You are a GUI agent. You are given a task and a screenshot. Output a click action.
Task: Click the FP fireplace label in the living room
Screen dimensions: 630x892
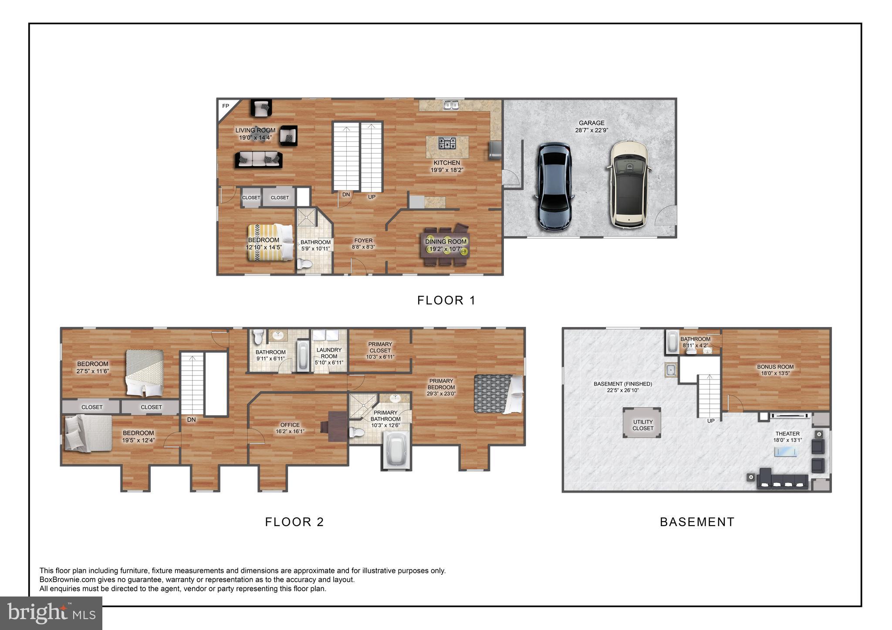click(x=225, y=106)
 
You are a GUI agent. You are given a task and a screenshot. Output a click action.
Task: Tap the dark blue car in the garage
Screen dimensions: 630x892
click(x=554, y=187)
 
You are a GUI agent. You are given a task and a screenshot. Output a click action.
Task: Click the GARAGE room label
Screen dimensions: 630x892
click(x=591, y=123)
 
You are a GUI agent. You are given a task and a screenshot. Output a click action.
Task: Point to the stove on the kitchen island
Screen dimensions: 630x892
click(x=447, y=143)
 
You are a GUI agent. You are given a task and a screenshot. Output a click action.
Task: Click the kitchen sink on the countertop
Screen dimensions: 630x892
click(x=451, y=105)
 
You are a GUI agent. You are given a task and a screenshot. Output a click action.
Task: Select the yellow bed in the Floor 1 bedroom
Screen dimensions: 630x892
click(x=270, y=242)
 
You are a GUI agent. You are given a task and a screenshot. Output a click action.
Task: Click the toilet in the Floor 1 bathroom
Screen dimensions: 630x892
click(x=305, y=264)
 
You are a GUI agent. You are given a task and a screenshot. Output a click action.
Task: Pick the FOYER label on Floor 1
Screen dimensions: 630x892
click(x=363, y=241)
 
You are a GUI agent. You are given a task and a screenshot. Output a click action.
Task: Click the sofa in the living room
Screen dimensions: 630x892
click(x=258, y=160)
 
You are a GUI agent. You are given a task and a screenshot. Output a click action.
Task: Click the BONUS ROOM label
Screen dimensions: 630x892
click(x=775, y=367)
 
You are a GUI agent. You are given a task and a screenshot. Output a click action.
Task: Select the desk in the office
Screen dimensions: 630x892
click(x=334, y=426)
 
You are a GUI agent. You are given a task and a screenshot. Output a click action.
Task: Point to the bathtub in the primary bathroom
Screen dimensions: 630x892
click(x=396, y=450)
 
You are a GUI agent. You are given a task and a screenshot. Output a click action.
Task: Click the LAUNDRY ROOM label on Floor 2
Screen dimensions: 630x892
click(x=329, y=353)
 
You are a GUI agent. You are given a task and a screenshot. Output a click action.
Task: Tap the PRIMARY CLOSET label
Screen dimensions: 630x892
click(x=380, y=347)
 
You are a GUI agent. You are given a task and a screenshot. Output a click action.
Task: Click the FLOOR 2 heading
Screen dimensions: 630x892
click(x=294, y=522)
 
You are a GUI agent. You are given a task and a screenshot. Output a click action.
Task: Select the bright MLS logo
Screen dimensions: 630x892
click(x=51, y=613)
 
